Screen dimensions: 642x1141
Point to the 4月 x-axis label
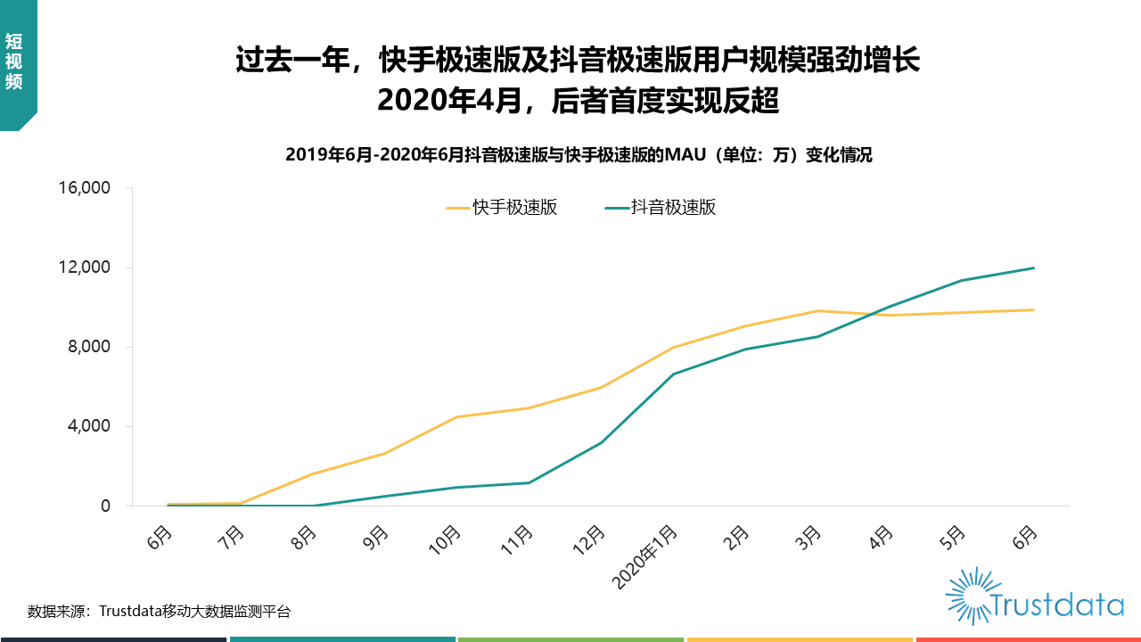point(882,537)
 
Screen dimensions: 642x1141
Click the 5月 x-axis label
point(954,537)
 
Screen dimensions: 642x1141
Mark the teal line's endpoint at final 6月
point(1034,267)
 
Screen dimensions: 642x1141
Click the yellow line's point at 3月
point(817,310)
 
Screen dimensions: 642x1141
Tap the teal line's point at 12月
point(601,442)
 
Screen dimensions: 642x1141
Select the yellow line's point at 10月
point(456,416)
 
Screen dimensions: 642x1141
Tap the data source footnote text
point(159,612)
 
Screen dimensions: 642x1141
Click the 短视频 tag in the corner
point(13,62)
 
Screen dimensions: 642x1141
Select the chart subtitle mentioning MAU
point(579,155)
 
